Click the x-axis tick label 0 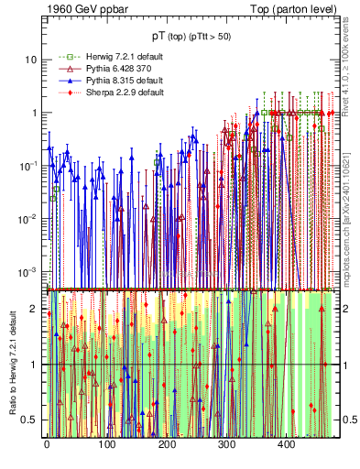click(x=47, y=445)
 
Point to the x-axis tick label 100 click(x=106, y=445)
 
